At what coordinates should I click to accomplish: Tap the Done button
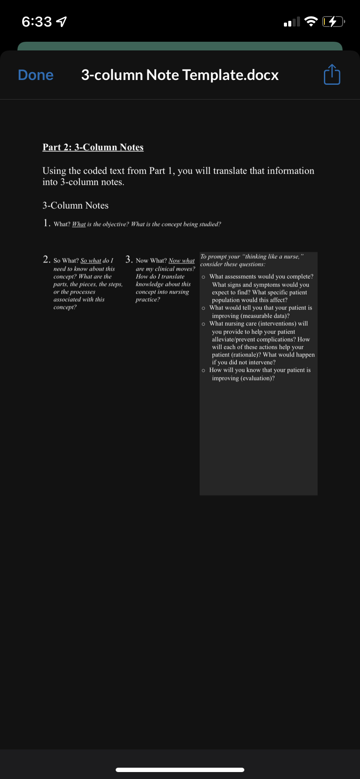(36, 75)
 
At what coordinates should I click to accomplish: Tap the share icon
(332, 75)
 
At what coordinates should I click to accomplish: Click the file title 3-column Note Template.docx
(180, 75)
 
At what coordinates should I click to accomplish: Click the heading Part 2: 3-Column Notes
(93, 147)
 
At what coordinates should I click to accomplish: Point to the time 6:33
(37, 22)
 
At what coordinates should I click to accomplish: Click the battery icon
(333, 21)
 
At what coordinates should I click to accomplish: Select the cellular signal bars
(292, 22)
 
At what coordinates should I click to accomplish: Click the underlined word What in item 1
(79, 224)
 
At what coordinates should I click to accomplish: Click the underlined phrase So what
(91, 261)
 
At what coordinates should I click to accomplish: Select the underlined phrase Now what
(181, 261)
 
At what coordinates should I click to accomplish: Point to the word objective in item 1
(114, 224)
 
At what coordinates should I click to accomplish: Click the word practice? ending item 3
(148, 300)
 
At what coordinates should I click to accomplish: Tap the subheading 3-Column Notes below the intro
(76, 206)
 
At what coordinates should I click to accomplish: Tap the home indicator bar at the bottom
(180, 769)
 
